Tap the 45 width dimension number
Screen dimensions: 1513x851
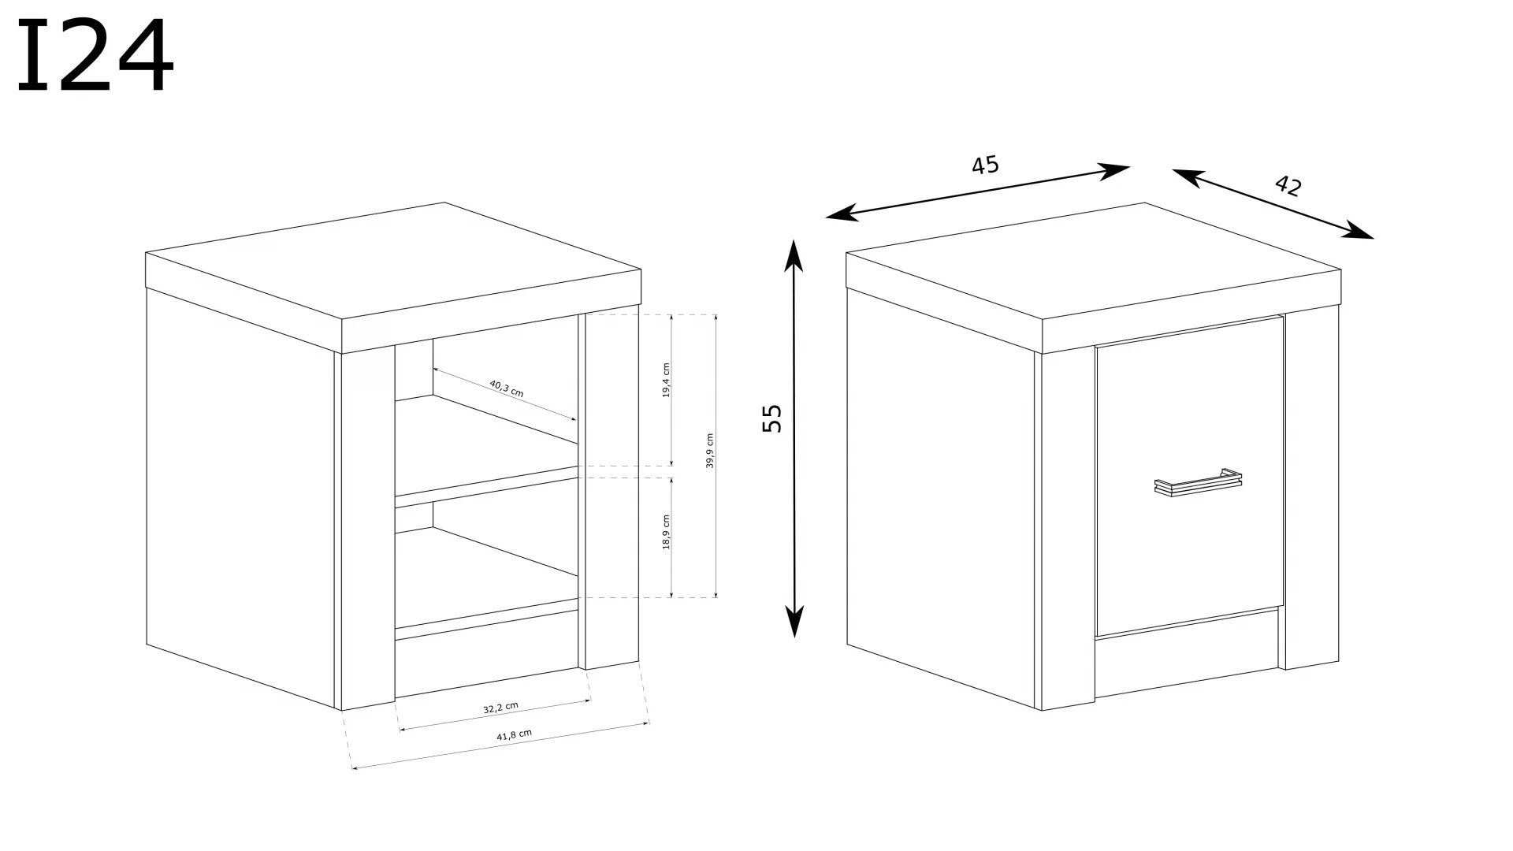[x=985, y=165]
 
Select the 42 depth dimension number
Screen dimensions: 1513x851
[x=1288, y=185]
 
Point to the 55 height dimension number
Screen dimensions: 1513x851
[x=773, y=418]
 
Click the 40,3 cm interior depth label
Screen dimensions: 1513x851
[x=506, y=389]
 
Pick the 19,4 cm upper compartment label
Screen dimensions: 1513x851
[x=666, y=380]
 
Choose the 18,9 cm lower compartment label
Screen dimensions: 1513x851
[x=666, y=532]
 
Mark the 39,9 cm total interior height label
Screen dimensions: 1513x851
[x=709, y=451]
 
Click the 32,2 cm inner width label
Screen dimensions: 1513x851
[x=500, y=708]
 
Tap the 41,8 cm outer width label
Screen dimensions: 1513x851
[x=514, y=734]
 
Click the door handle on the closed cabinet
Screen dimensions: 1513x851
[x=1199, y=482]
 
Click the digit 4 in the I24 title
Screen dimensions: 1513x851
[x=144, y=57]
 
